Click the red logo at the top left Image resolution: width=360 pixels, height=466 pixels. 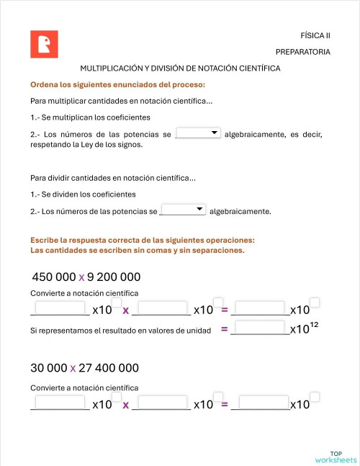44,44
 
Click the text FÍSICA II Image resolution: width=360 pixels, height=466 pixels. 315,35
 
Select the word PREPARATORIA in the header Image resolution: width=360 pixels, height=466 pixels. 302,52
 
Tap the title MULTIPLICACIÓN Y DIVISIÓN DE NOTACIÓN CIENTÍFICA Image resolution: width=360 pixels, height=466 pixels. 180,68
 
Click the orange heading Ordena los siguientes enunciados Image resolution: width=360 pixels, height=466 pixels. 117,84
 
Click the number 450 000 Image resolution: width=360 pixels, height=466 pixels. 53,277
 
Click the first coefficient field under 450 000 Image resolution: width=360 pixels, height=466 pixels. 60,308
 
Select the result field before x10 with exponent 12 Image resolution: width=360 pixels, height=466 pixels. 260,328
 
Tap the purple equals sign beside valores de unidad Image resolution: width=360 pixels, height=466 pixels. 225,329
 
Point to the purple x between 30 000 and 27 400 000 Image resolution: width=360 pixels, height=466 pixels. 73,369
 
